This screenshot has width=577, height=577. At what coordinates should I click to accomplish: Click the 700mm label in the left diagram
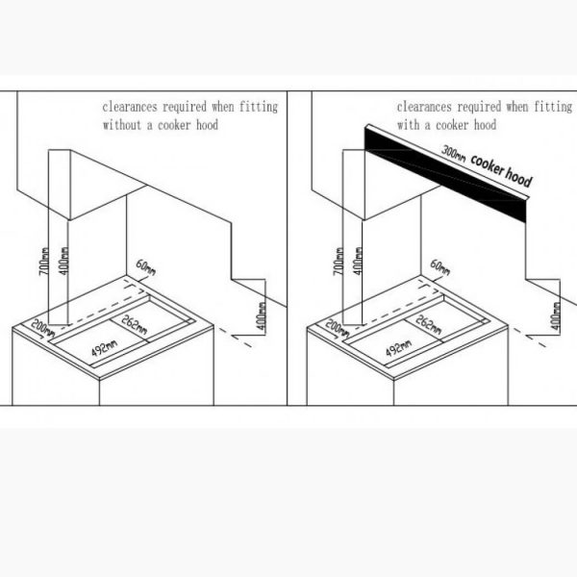(x=44, y=261)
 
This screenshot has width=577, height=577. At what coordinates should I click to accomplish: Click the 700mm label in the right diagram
(x=339, y=261)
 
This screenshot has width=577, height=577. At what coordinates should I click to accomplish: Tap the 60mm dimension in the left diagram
(x=146, y=267)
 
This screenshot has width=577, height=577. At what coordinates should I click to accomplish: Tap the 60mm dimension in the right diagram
(x=440, y=267)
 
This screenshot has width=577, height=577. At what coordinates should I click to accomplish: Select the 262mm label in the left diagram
(x=135, y=324)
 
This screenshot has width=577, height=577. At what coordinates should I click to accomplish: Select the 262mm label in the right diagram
(x=429, y=324)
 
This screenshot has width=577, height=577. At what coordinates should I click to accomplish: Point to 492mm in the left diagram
(x=105, y=348)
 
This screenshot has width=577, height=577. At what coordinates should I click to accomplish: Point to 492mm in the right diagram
(x=399, y=348)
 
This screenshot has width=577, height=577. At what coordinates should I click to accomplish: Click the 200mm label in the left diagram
(x=42, y=328)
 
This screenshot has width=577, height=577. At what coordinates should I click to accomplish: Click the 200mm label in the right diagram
(x=338, y=328)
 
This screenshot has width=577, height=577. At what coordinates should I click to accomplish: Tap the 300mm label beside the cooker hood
(x=453, y=154)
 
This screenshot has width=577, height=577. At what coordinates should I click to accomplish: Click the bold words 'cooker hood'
(x=502, y=171)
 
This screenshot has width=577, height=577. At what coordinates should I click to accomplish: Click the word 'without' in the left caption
(x=122, y=125)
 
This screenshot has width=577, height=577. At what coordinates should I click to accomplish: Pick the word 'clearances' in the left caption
(x=130, y=107)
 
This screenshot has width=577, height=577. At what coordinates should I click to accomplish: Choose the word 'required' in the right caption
(x=479, y=107)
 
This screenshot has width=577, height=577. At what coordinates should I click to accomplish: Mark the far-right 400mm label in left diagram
(x=262, y=316)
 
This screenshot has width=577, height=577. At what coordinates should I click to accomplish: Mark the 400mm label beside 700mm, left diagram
(x=63, y=261)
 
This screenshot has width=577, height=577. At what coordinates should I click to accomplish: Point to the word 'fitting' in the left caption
(x=259, y=107)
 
